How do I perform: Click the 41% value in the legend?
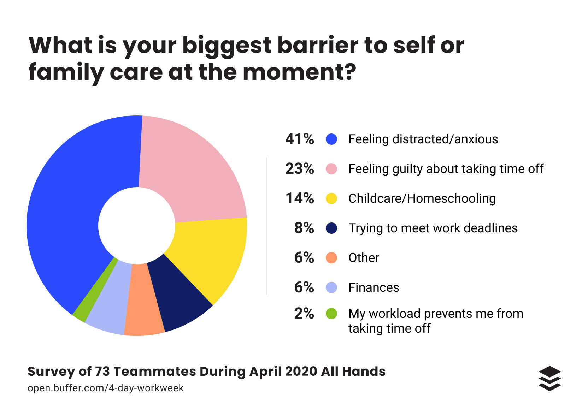pos(300,139)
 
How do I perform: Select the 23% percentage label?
pos(300,169)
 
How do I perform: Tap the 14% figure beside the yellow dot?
pos(300,198)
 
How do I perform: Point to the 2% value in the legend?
pos(304,314)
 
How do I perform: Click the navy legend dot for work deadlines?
pos(331,228)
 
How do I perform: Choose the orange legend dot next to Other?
pos(331,258)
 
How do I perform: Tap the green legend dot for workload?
pos(331,314)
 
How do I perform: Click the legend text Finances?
pos(374,287)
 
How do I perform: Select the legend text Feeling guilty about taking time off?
pos(446,169)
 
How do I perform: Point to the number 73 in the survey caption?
pos(102,372)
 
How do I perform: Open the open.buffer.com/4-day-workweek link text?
pos(106,388)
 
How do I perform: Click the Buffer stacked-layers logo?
pos(550,379)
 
